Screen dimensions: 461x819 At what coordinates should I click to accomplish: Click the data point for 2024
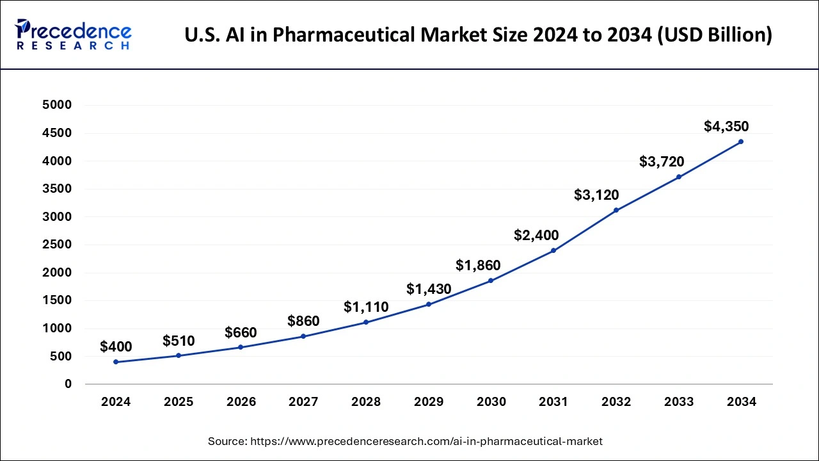pos(116,362)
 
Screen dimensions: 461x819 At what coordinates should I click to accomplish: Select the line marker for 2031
pos(553,250)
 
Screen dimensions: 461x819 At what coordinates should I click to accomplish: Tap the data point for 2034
pos(741,142)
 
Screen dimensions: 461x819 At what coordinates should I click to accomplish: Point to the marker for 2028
pos(366,322)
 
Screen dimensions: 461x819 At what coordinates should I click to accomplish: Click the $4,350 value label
pos(726,126)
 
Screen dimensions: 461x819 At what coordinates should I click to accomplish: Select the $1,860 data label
pos(478,265)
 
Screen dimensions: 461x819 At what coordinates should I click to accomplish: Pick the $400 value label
pos(116,347)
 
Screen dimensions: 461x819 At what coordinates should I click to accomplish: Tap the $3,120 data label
pos(596,195)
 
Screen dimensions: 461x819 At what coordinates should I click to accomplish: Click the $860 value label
pos(303,321)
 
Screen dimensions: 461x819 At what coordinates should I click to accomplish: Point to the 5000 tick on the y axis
pos(57,105)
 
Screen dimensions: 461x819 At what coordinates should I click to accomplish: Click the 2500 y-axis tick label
pos(57,245)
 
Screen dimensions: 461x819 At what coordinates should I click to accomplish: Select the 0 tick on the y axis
pos(67,384)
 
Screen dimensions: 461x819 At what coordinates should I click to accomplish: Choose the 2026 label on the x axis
pos(241,402)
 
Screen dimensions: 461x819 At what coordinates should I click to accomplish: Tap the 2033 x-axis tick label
pos(679,402)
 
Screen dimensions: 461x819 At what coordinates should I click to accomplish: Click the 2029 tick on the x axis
pos(429,402)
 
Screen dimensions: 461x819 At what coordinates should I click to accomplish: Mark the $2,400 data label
pos(536,235)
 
